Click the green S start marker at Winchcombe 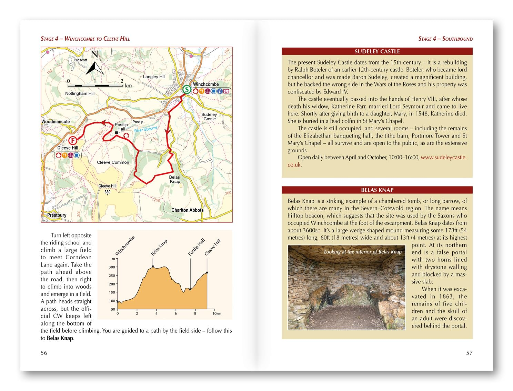(187, 89)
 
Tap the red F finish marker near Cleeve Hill (72, 140)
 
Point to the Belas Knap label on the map (174, 179)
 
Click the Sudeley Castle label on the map (209, 117)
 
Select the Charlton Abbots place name (187, 210)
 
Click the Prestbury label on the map (57, 215)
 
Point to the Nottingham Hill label (80, 93)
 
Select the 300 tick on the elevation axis (112, 267)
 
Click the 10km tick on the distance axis (217, 313)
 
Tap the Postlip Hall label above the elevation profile (196, 247)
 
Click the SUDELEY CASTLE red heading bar (377, 51)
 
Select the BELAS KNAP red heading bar (377, 190)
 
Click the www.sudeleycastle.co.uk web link (443, 157)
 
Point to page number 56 (44, 353)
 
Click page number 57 (469, 353)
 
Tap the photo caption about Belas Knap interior (362, 252)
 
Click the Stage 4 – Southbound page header (445, 39)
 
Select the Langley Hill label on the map (154, 77)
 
